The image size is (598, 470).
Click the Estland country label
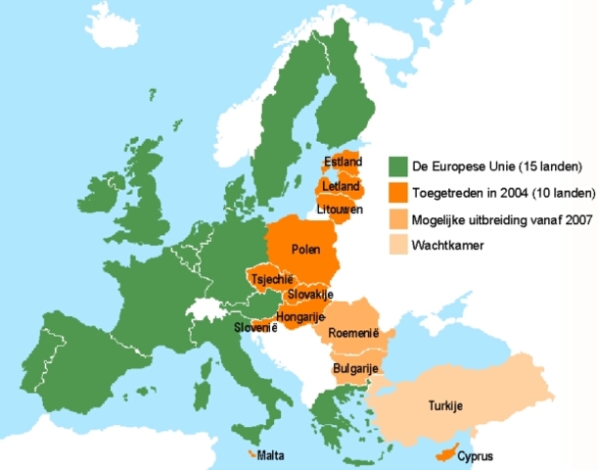pos(344,162)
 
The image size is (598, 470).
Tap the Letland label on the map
pos(342,186)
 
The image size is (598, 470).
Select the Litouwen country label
pos(341,210)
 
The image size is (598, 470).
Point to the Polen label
pos(306,250)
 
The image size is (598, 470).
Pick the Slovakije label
pos(311,295)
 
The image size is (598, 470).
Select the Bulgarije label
pos(355,368)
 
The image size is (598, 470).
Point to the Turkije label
pos(444,406)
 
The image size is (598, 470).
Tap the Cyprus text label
pos(474,456)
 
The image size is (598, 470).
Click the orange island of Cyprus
pos(446,452)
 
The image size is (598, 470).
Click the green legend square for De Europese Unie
pos(397,164)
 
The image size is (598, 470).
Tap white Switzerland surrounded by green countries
pos(207,309)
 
